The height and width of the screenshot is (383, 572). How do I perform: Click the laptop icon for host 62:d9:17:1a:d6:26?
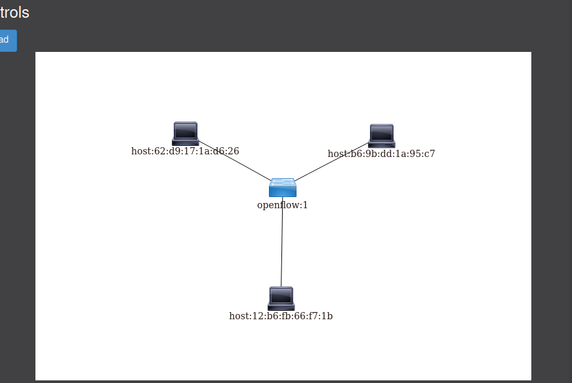click(x=185, y=133)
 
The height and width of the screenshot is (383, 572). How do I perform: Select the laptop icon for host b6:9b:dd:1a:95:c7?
click(x=381, y=135)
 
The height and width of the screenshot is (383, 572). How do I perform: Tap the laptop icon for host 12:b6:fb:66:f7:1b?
click(x=281, y=298)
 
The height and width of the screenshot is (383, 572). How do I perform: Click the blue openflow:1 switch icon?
click(x=283, y=188)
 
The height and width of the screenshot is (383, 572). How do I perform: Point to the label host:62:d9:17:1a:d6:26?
click(x=185, y=151)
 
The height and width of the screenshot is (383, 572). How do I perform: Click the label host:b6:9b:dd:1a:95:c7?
click(x=381, y=154)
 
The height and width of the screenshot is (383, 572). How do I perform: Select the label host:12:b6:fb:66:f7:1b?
click(x=281, y=316)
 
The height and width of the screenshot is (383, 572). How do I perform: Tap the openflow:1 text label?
click(x=282, y=205)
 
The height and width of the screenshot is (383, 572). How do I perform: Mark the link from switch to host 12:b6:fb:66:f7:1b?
click(x=282, y=243)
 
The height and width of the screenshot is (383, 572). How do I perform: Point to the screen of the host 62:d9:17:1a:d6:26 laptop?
click(x=186, y=130)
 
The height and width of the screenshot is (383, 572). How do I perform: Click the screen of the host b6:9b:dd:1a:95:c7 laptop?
click(x=382, y=132)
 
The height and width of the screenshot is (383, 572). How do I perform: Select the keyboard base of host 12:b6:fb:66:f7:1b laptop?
click(x=281, y=307)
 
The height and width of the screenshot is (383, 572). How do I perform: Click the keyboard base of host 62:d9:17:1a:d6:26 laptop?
click(x=185, y=141)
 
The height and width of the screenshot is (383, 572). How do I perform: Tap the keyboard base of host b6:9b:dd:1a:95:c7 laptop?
click(x=381, y=144)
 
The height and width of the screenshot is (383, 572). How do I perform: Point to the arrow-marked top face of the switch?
click(x=283, y=182)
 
